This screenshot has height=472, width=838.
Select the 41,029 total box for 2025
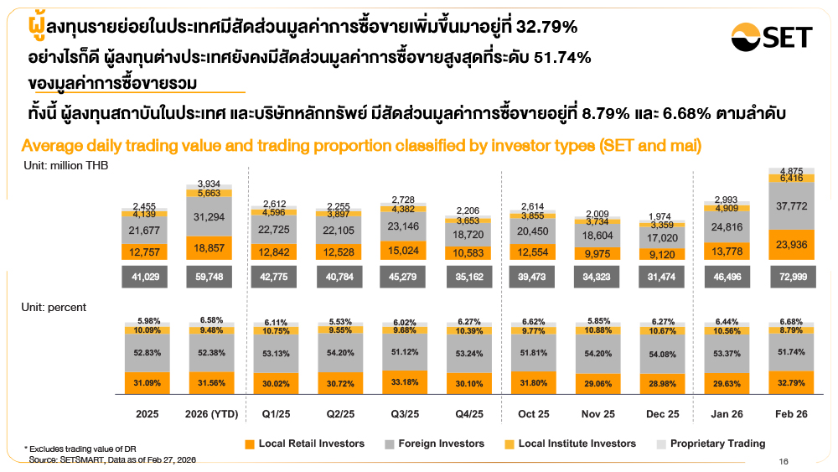click(142, 277)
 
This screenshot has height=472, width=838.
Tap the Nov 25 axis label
click(598, 415)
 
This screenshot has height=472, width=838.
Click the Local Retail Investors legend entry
click(305, 443)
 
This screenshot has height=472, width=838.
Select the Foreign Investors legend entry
click(436, 443)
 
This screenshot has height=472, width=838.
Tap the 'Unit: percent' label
click(54, 308)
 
